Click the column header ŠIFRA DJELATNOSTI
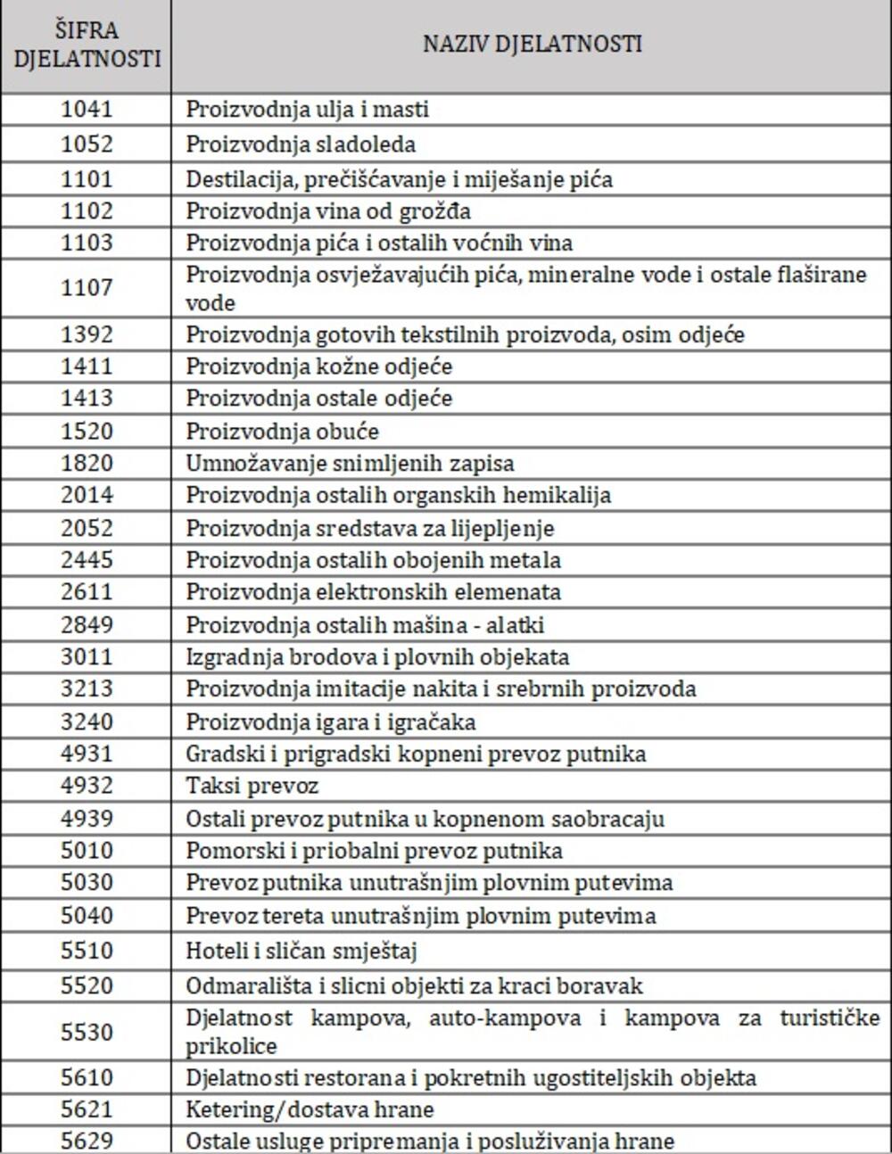(x=87, y=45)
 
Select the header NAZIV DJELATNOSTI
(x=532, y=45)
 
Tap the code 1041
(x=87, y=109)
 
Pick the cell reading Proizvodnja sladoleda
(x=301, y=144)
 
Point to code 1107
(x=87, y=287)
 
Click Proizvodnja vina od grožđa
(x=328, y=211)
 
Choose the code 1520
(x=87, y=431)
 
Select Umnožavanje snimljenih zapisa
(x=350, y=464)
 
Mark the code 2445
(x=87, y=560)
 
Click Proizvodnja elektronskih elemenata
(x=373, y=592)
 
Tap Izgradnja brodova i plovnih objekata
(x=376, y=657)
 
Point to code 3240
(x=87, y=721)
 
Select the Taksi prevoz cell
(x=252, y=786)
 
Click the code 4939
(x=87, y=818)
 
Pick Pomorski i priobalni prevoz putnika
(x=374, y=850)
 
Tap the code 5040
(x=87, y=915)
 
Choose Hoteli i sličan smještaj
(x=301, y=951)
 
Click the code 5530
(x=87, y=1032)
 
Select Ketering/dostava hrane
(x=310, y=1110)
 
